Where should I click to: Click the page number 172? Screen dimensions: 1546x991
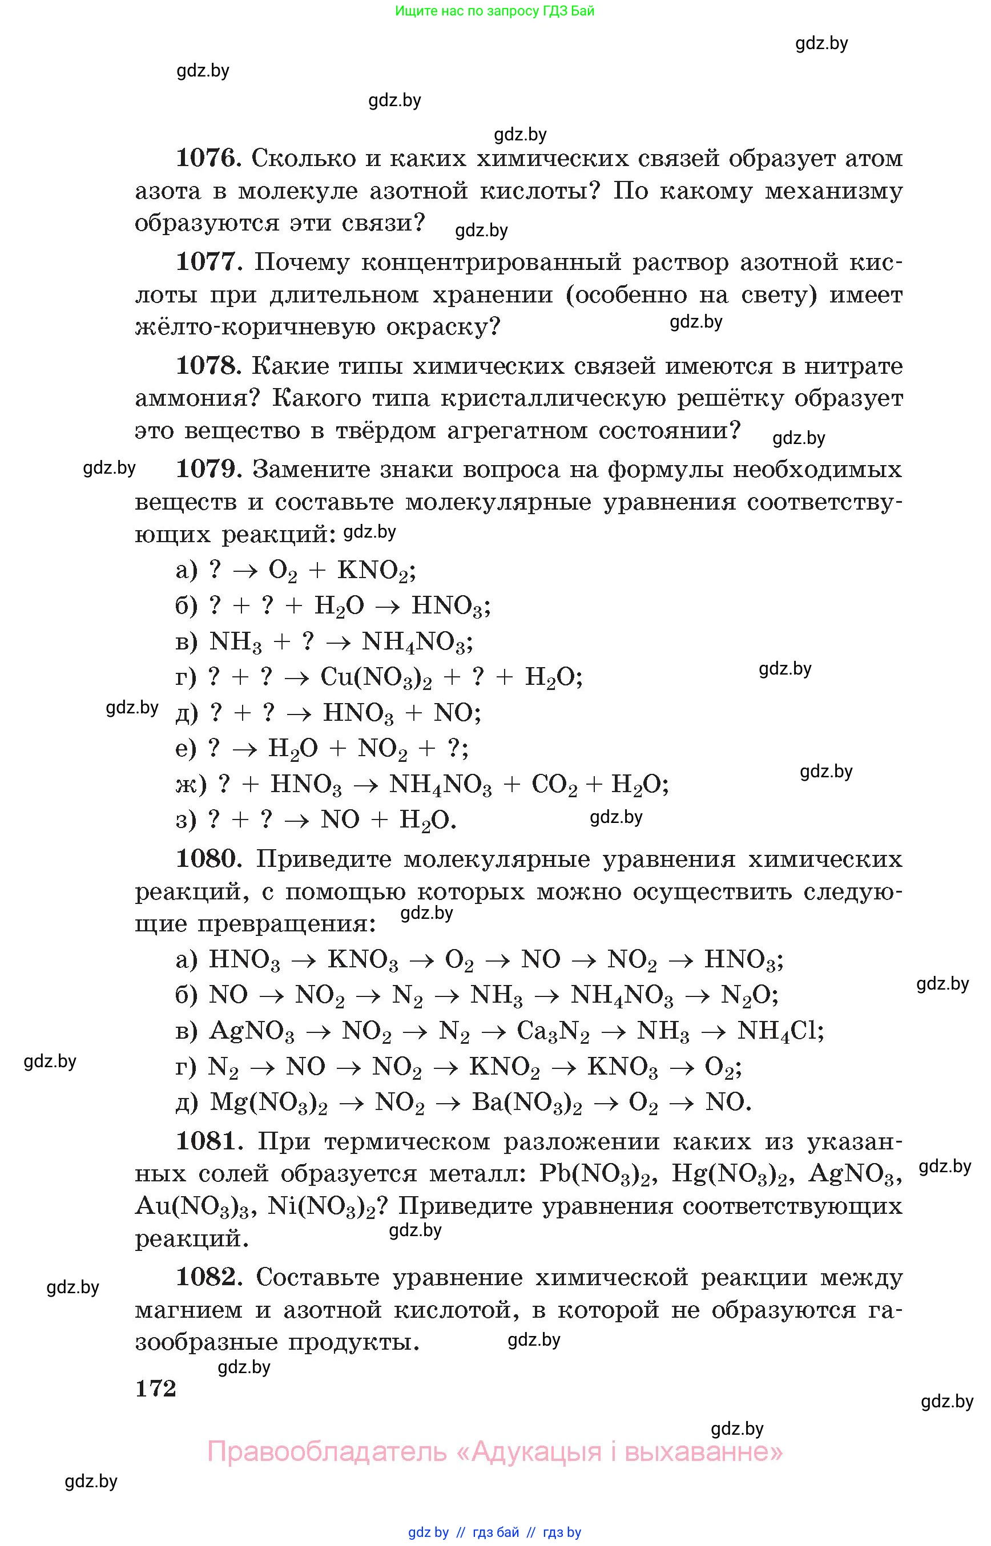[155, 1388]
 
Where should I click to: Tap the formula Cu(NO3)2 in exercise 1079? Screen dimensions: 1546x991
[376, 677]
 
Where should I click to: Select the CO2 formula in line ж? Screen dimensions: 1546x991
[554, 785]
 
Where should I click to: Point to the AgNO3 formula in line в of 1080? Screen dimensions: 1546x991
[252, 1031]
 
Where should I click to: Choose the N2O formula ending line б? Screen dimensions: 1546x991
[749, 996]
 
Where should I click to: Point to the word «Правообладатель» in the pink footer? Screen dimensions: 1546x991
[327, 1452]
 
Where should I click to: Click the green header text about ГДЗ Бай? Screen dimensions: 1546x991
[494, 11]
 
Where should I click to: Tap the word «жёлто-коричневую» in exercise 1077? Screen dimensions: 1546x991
[254, 328]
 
